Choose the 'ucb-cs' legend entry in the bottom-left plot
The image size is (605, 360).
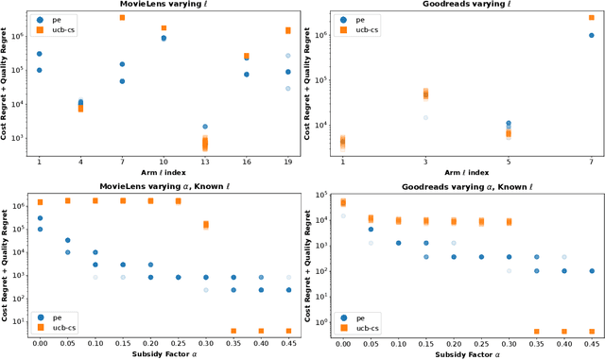click(60, 326)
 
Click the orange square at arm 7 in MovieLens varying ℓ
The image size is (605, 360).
click(122, 18)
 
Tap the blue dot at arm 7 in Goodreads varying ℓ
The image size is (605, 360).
click(592, 36)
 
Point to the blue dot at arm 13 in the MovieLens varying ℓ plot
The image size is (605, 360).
click(205, 126)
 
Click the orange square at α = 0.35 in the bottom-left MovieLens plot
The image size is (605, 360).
click(233, 331)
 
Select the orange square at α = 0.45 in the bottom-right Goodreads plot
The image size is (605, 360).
click(592, 331)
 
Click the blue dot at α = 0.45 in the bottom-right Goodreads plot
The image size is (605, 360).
click(592, 270)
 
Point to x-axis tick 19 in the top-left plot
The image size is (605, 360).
click(288, 162)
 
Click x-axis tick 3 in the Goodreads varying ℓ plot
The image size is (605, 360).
click(425, 162)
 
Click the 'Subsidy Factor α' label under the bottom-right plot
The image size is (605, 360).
click(458, 353)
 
